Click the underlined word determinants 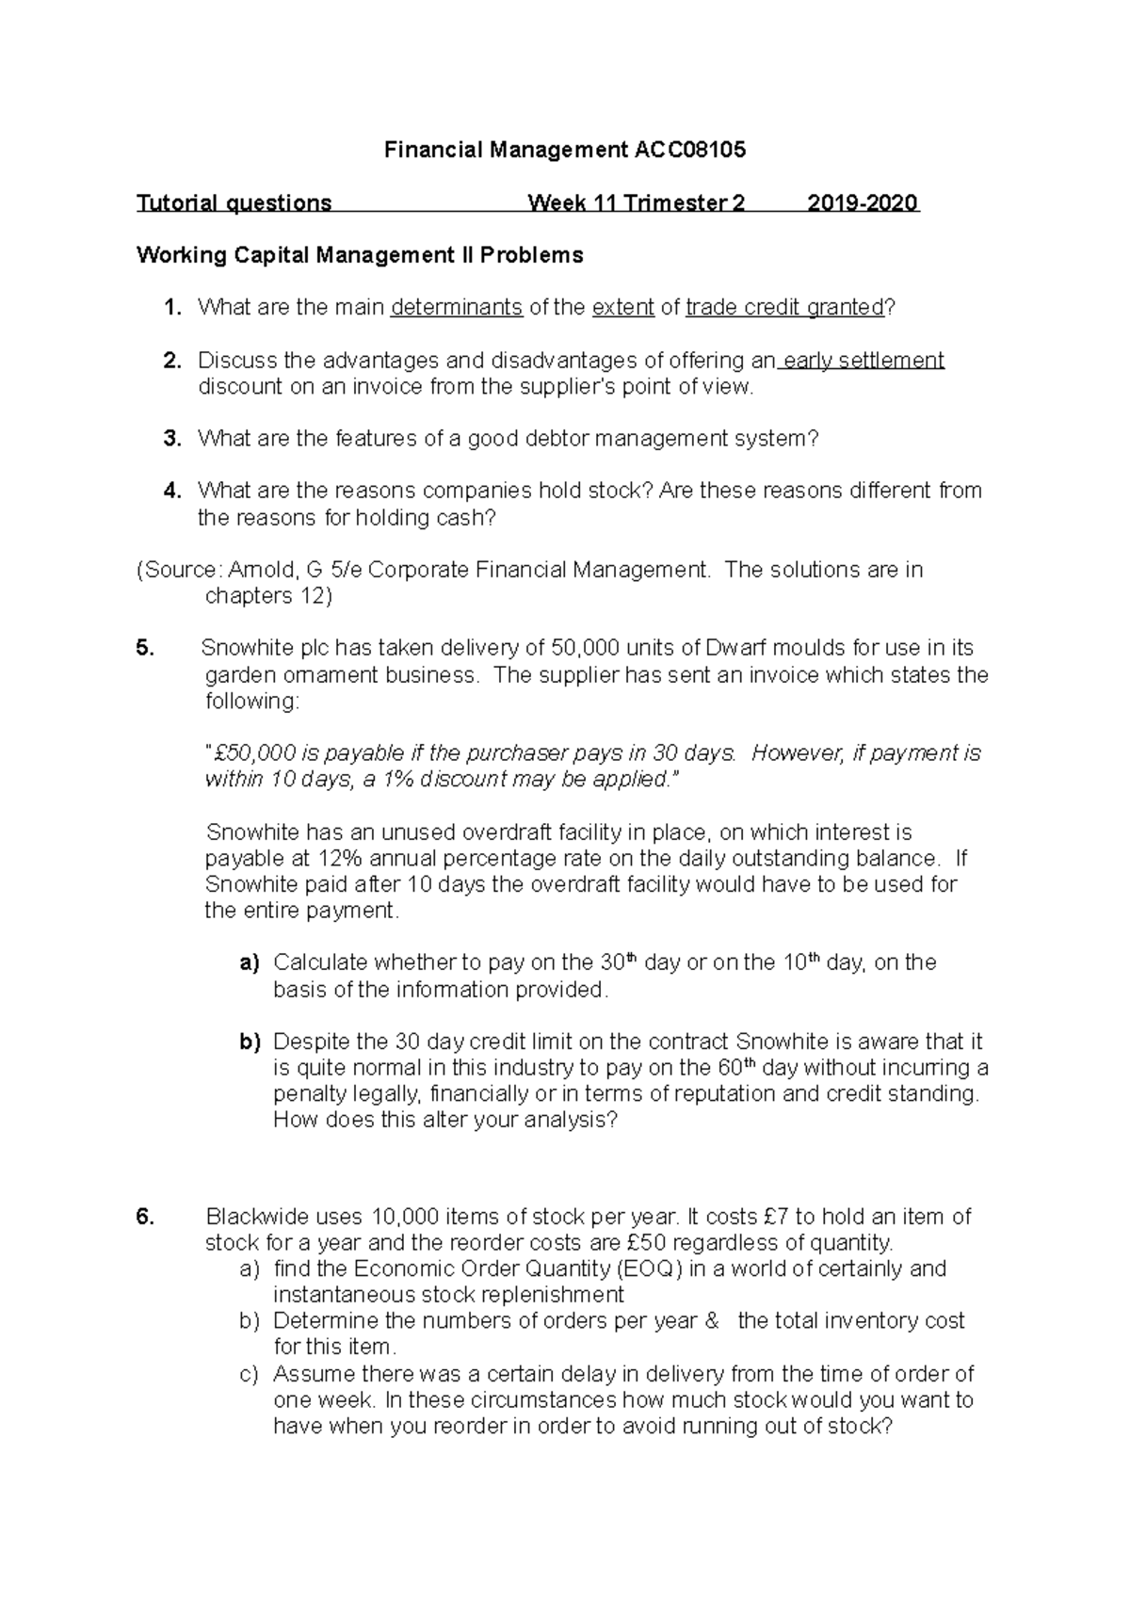pyautogui.click(x=457, y=307)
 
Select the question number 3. pyautogui.click(x=171, y=438)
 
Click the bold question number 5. pyautogui.click(x=144, y=648)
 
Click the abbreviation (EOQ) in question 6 pyautogui.click(x=649, y=1268)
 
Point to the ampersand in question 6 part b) pyautogui.click(x=711, y=1321)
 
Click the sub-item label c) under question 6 pyautogui.click(x=249, y=1374)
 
